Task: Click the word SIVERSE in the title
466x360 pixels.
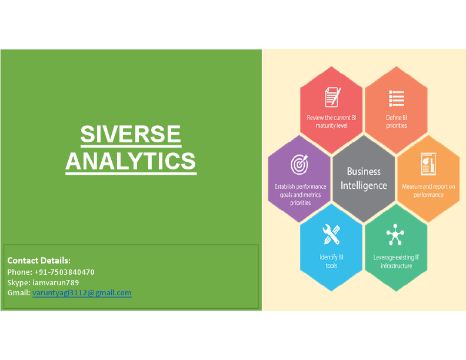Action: tap(131, 135)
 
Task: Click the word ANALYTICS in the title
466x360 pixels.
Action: tap(131, 161)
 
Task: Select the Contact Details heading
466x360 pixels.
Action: tap(39, 260)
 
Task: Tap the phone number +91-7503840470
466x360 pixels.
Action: tap(64, 272)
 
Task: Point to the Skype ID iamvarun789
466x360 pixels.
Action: tap(55, 282)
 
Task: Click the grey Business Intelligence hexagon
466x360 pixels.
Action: tap(364, 179)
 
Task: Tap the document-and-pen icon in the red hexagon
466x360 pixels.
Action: tap(332, 96)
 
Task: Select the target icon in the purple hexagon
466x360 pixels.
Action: tap(300, 165)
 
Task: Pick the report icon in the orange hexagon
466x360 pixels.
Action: tap(428, 165)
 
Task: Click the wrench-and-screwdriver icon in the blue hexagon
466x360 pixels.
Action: tap(332, 235)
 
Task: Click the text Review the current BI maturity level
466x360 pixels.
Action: tap(332, 121)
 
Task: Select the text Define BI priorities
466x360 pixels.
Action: tap(397, 121)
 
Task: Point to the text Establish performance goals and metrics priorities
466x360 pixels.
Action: tap(300, 195)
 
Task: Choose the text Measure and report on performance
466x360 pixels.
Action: tap(428, 191)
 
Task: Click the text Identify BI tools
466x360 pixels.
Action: tap(332, 261)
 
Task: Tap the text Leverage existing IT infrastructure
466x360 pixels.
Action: tap(396, 261)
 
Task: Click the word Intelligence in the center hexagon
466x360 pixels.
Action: tap(364, 186)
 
